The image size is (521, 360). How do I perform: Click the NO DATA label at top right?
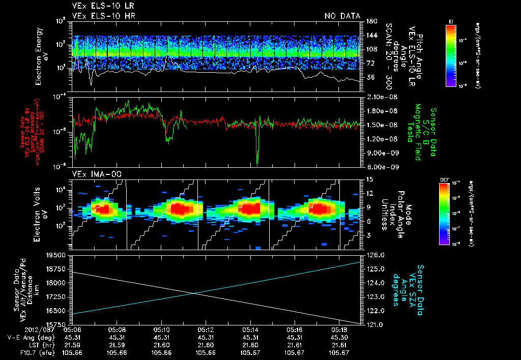point(342,16)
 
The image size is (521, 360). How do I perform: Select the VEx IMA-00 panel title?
point(94,174)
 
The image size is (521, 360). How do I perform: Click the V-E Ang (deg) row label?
point(28,337)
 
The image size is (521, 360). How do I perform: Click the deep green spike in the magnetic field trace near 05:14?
point(257,153)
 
